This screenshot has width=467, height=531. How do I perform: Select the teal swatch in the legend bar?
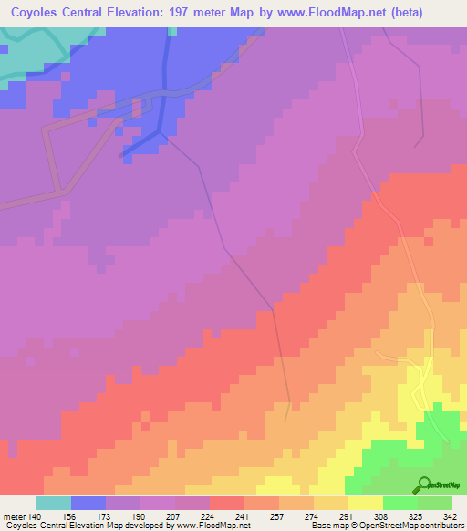click(x=53, y=502)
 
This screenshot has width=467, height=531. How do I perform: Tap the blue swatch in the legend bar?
click(x=88, y=502)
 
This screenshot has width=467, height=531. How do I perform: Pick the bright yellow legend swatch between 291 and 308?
click(x=365, y=502)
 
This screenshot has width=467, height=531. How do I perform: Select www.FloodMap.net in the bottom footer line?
click(x=202, y=525)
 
